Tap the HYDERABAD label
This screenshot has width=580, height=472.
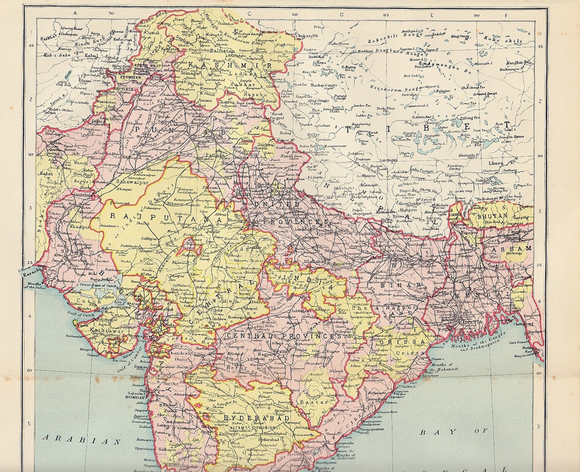click(245, 419)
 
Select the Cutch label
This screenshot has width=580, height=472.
click(84, 301)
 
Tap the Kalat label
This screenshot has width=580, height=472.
click(46, 174)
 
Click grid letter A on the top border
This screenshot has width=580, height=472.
click(75, 13)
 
